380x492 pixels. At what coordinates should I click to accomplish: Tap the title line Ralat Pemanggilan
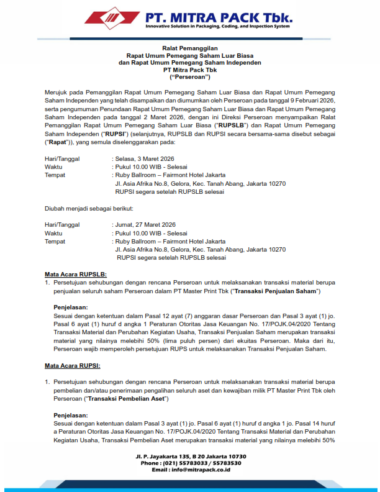tap(190, 48)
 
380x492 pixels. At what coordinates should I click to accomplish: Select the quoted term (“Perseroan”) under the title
tap(190, 77)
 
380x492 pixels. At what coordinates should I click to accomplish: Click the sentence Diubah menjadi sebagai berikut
tap(89, 208)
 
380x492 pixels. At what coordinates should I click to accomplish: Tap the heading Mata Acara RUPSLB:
tap(76, 274)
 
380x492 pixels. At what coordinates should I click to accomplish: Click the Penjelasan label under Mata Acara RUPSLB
tap(71, 307)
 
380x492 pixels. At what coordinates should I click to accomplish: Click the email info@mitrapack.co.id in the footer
tap(191, 470)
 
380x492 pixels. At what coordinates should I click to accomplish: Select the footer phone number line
tap(191, 463)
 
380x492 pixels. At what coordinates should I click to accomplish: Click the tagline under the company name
tap(217, 26)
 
